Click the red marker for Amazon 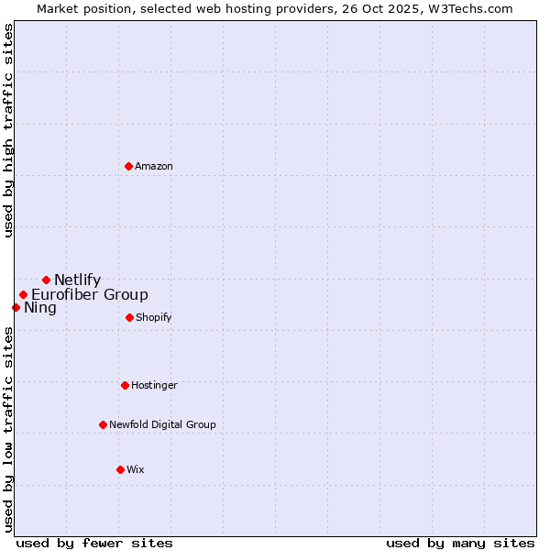click(x=129, y=166)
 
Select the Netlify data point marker click(x=46, y=280)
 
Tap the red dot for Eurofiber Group click(x=24, y=294)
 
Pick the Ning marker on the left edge click(x=16, y=307)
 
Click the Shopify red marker click(x=129, y=317)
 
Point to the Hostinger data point click(x=125, y=385)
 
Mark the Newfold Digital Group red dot click(x=103, y=424)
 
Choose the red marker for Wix click(x=120, y=469)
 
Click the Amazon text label click(x=154, y=166)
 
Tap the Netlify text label click(x=78, y=280)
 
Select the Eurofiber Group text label click(x=90, y=295)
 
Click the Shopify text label click(x=154, y=317)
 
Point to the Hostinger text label click(x=154, y=385)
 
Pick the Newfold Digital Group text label click(x=162, y=424)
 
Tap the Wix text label click(x=136, y=469)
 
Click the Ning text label click(x=40, y=308)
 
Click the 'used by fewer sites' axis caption click(x=94, y=543)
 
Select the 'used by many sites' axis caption click(x=460, y=543)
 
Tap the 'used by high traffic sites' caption click(x=8, y=130)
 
